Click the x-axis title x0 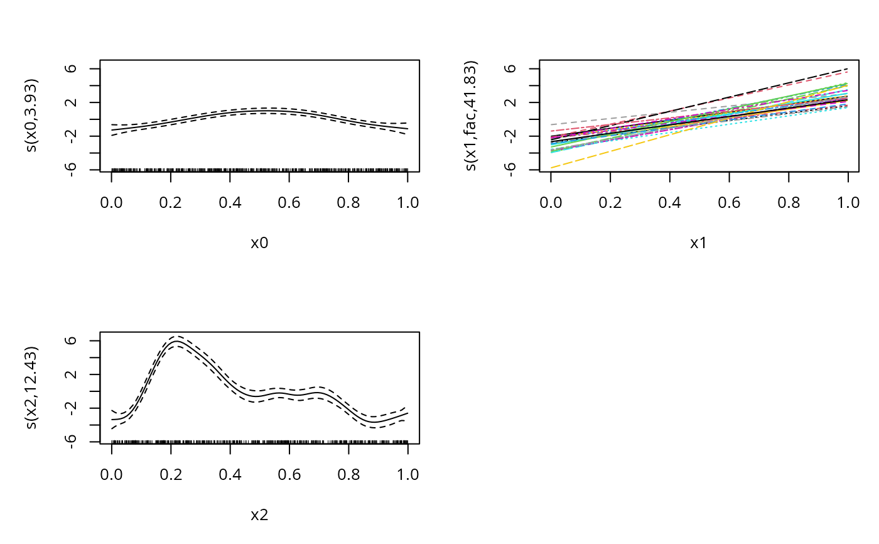click(x=259, y=243)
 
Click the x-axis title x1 click(x=698, y=243)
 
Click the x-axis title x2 click(x=259, y=516)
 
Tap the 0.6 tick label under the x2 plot click(x=289, y=475)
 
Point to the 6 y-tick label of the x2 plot click(x=74, y=340)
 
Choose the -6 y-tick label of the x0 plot click(x=73, y=170)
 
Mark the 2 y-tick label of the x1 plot click(x=514, y=102)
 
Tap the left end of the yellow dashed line click(x=551, y=168)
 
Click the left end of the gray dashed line click(x=551, y=125)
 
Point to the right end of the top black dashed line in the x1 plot click(x=848, y=68)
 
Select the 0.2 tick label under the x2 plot click(x=171, y=475)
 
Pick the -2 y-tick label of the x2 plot click(x=73, y=408)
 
